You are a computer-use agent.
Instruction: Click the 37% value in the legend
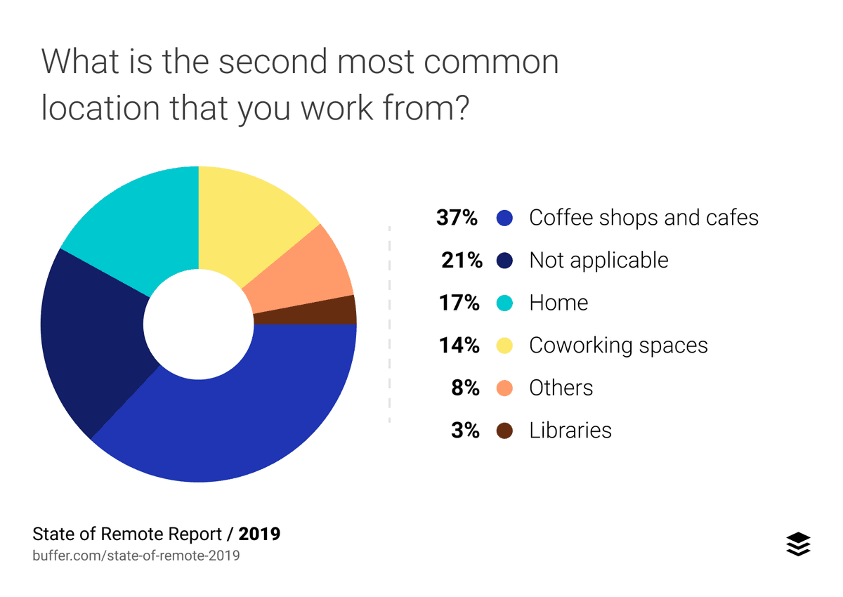tap(457, 218)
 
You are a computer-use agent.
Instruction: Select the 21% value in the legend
tap(460, 261)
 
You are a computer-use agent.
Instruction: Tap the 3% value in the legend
tap(465, 431)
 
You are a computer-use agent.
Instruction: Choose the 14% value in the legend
tap(460, 346)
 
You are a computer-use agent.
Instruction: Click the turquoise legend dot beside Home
tap(504, 303)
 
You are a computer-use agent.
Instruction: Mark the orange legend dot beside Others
tap(504, 388)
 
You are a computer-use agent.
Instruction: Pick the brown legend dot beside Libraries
tap(504, 431)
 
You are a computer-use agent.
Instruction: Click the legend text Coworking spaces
tap(618, 346)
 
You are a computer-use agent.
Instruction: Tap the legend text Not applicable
tap(599, 261)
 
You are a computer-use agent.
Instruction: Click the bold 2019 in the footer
tap(259, 534)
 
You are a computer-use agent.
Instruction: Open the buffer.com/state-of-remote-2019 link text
tap(136, 556)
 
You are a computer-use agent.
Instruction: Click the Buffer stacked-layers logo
tap(797, 544)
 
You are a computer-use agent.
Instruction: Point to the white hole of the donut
tap(199, 324)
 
